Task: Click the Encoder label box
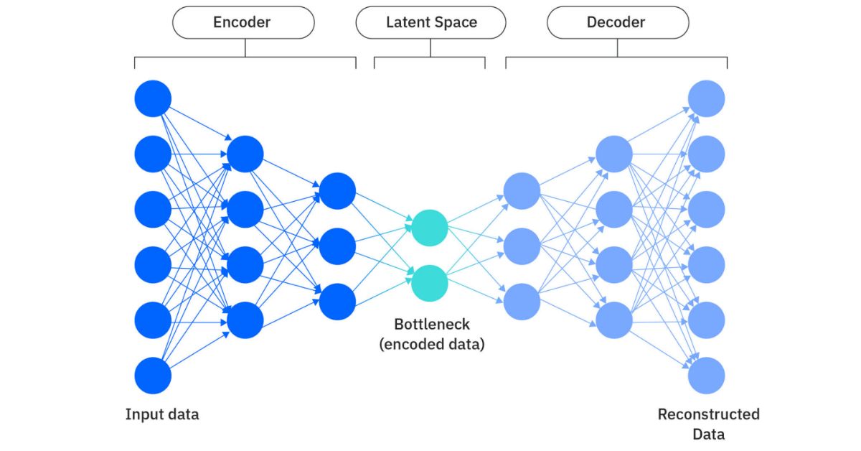[x=243, y=22]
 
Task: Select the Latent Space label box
[x=430, y=22]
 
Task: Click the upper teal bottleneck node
[x=430, y=228]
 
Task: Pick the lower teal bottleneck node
[x=430, y=282]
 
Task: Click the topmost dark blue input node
[x=153, y=98]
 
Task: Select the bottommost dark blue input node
[x=153, y=376]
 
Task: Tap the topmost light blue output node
[x=707, y=98]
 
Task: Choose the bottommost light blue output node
[x=707, y=376]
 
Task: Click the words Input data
[x=162, y=414]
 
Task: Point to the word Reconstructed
[x=708, y=414]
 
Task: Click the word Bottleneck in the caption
[x=432, y=324]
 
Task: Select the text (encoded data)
[x=432, y=344]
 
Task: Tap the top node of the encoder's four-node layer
[x=245, y=154]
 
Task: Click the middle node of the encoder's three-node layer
[x=337, y=246]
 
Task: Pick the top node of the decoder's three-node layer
[x=522, y=191]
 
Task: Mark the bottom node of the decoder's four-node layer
[x=614, y=320]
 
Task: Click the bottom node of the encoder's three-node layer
[x=337, y=302]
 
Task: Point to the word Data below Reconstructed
[x=708, y=434]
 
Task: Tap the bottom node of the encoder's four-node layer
[x=245, y=320]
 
